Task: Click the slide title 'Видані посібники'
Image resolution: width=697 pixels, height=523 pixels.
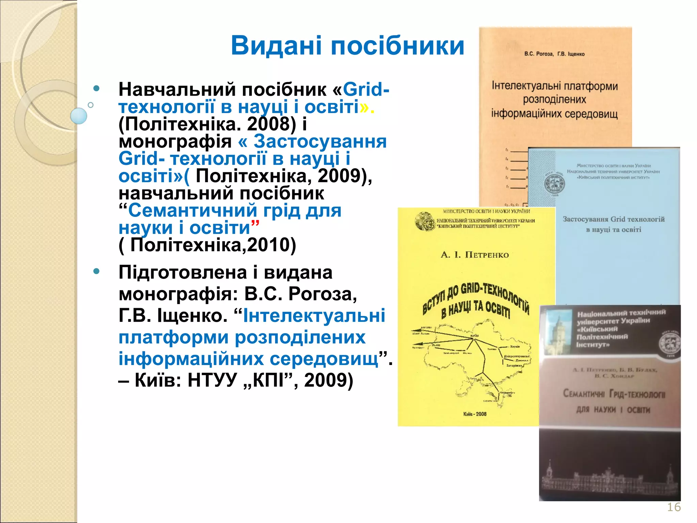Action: [347, 46]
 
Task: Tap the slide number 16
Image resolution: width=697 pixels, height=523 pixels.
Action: [674, 507]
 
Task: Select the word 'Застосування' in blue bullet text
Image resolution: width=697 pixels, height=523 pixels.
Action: [320, 141]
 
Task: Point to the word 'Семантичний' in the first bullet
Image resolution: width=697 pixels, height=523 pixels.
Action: [192, 210]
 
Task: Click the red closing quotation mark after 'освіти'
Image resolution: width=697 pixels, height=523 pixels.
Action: [255, 223]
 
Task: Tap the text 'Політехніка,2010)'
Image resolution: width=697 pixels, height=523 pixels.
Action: [213, 245]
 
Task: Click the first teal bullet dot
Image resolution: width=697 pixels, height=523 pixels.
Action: [97, 89]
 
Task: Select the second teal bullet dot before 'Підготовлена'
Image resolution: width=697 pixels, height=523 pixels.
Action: [97, 271]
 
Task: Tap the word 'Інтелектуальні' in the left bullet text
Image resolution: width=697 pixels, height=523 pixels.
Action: [314, 315]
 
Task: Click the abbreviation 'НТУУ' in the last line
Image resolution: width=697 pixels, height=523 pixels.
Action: [212, 380]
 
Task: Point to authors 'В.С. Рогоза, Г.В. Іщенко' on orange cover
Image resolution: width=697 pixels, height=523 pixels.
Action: [554, 54]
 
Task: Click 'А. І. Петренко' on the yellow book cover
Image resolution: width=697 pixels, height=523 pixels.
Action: [474, 255]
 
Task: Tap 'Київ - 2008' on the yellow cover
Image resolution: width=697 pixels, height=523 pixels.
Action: [475, 414]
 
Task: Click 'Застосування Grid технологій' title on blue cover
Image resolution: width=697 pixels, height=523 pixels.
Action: [613, 219]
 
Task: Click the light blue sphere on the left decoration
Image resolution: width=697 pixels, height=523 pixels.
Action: [79, 116]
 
